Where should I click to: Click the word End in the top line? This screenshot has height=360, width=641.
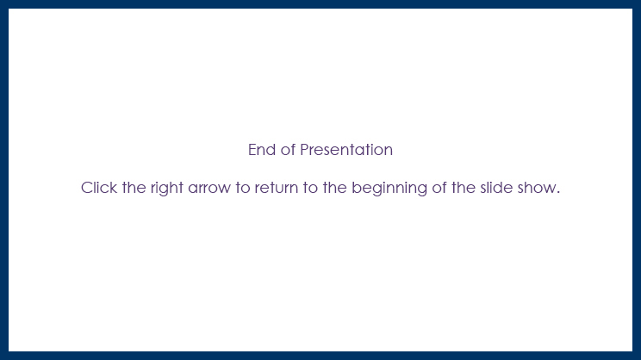click(261, 150)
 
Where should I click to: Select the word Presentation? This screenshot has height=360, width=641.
click(346, 150)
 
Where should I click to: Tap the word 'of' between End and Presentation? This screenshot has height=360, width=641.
click(288, 150)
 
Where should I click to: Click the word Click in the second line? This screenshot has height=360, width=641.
click(99, 188)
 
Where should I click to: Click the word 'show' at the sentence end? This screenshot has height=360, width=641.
click(538, 188)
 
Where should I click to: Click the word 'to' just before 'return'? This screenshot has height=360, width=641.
click(244, 188)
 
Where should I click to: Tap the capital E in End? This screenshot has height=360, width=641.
click(252, 150)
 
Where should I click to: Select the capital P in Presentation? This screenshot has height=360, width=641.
click(304, 150)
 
